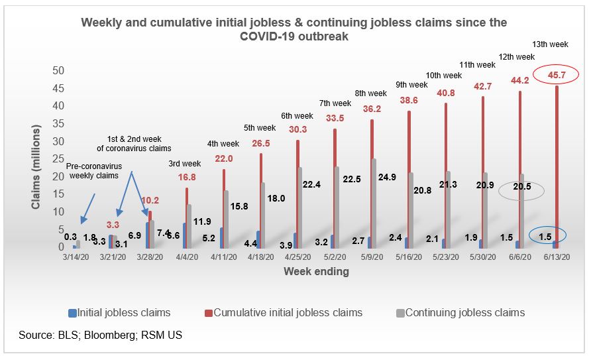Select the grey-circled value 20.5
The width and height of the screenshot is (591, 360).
coord(521,191)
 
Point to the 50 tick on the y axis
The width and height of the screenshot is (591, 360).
coord(58,70)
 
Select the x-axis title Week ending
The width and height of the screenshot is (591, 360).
coord(316,271)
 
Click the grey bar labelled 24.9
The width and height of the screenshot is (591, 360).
coord(374,202)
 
